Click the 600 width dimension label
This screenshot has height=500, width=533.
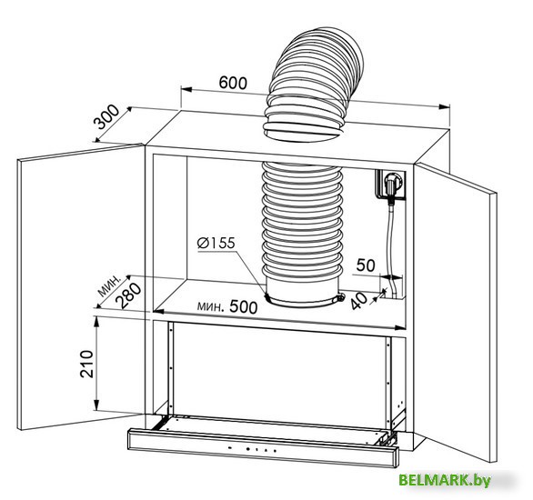point(233,81)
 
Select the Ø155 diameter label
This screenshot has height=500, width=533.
point(216,243)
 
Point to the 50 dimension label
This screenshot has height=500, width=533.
point(366,265)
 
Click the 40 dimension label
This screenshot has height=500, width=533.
point(357,297)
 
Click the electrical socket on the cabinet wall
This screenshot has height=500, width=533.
point(392,184)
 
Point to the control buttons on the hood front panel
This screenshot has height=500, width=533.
point(259,450)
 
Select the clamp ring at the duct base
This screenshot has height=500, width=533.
point(301,297)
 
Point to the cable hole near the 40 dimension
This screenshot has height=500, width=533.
point(385,293)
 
